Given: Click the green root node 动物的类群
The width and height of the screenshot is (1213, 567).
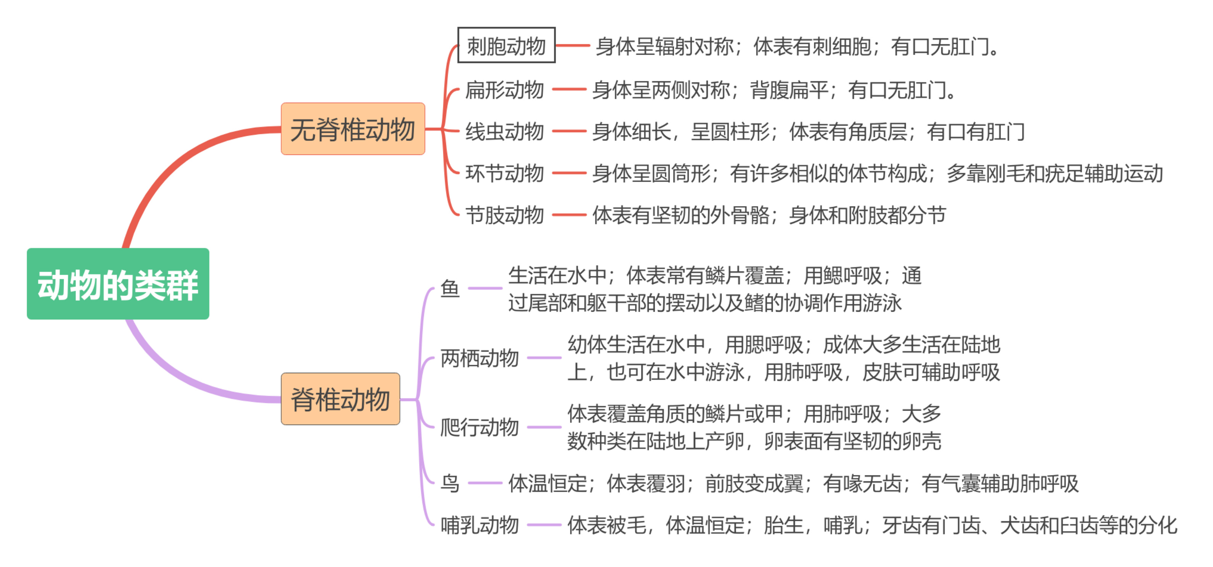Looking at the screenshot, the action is pos(118,283).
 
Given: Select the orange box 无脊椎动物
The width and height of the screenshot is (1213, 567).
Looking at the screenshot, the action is pos(353,129).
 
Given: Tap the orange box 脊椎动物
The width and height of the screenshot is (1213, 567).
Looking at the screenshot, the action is pos(340,399).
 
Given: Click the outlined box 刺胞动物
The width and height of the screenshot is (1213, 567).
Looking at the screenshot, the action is pos(506,45).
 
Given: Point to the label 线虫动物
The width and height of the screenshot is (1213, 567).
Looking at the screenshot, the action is pos(504,131).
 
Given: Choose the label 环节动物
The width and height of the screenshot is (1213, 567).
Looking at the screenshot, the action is pos(504,173).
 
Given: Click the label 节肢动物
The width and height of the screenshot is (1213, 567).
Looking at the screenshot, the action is pos(504,215).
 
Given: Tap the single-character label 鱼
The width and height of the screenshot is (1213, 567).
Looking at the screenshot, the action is pos(450,288).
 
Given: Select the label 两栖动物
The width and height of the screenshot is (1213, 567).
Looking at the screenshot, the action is pos(479,358).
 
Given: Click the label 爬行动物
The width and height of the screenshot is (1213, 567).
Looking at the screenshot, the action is pos(479,427).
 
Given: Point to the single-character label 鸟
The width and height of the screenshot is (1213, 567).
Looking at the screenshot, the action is pos(450,483).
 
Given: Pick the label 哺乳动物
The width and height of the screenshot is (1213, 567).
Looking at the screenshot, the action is pos(479,525).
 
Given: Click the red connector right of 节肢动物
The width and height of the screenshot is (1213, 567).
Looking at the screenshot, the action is pos(569,215).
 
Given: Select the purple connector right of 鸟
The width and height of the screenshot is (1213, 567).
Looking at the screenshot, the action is pos(485,483).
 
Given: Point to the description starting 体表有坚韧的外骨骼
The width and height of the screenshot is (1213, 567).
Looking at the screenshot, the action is pos(769,215).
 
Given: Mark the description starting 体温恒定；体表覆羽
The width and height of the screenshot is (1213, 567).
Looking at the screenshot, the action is pos(793,483).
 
